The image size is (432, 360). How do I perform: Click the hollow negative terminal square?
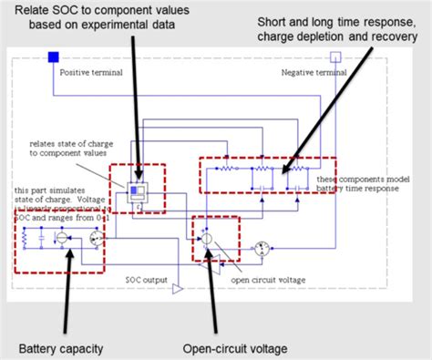point(334,57)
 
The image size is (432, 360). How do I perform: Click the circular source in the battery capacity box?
point(62,238)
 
